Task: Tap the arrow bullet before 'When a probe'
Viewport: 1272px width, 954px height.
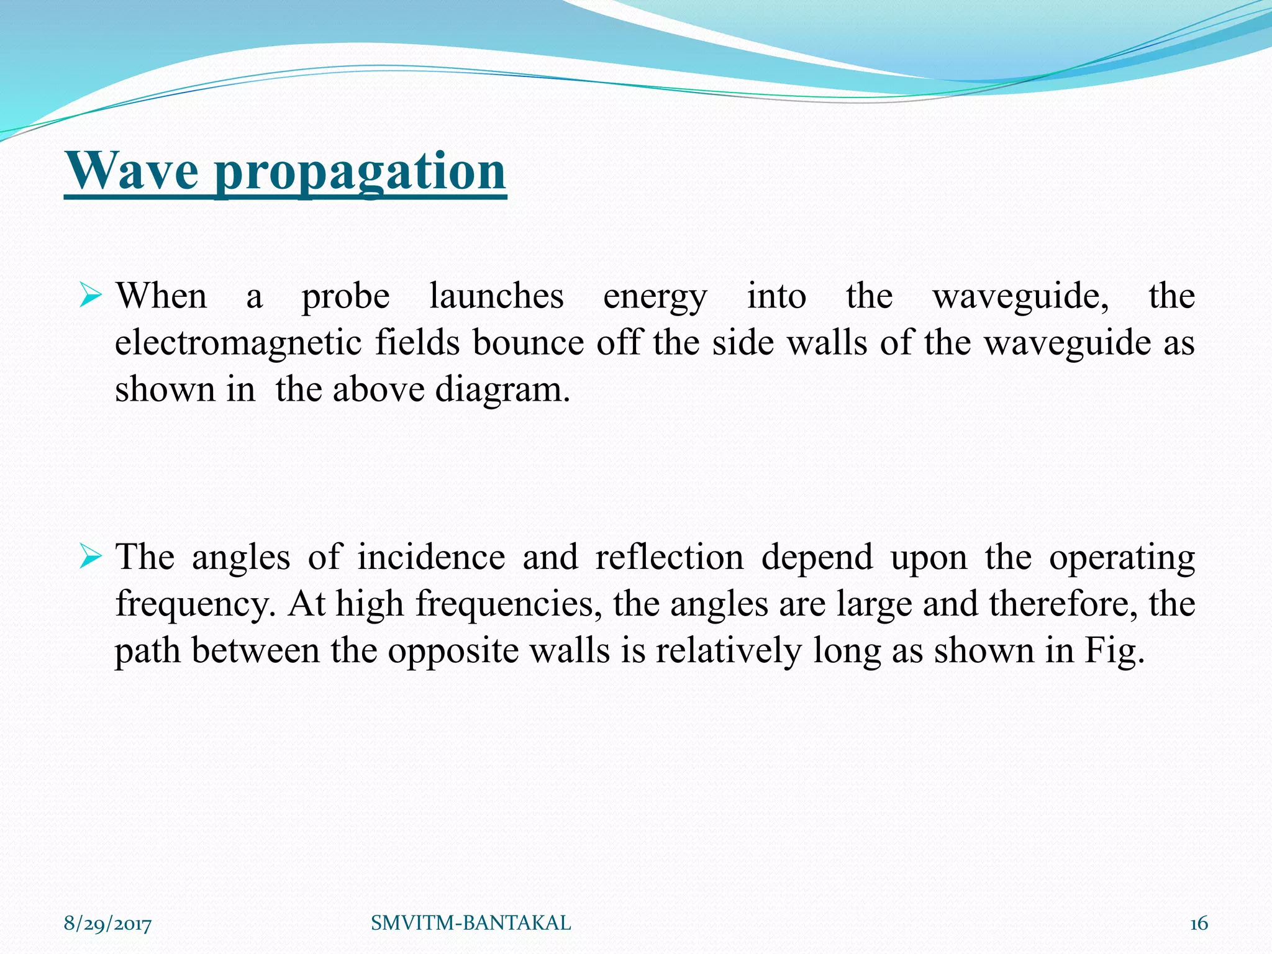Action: (x=91, y=296)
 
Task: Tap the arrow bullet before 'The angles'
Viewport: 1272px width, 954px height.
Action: (x=91, y=557)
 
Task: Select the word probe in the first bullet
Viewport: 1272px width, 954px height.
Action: (x=346, y=298)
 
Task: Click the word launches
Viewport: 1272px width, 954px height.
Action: (x=496, y=296)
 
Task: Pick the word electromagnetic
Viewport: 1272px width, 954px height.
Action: (x=238, y=344)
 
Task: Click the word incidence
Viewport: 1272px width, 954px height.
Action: (x=431, y=557)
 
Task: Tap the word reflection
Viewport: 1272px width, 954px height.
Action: (x=670, y=557)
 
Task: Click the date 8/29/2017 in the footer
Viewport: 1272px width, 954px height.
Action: (x=107, y=924)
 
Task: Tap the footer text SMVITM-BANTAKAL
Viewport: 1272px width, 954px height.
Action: (x=471, y=923)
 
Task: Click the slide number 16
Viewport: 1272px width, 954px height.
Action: (x=1198, y=924)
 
